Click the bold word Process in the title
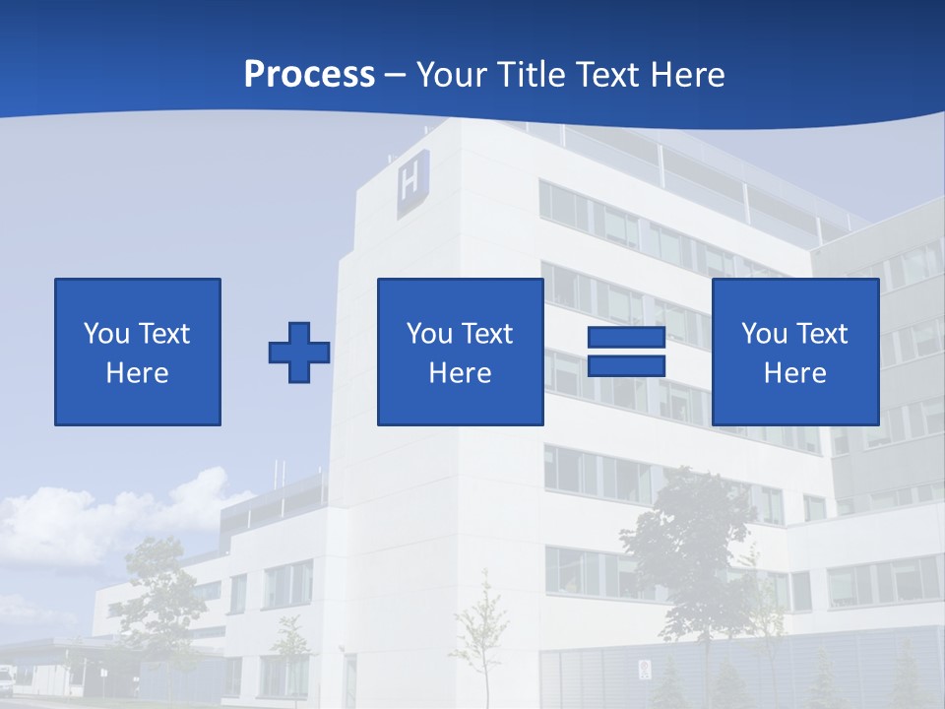(309, 75)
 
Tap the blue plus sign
(299, 352)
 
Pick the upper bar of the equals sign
(626, 338)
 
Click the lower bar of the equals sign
(626, 365)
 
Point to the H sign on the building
(412, 182)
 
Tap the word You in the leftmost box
(105, 334)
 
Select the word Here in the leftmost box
(137, 373)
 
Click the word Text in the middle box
(486, 334)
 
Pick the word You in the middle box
(429, 334)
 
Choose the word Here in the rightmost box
(794, 373)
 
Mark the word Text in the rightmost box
(821, 334)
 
